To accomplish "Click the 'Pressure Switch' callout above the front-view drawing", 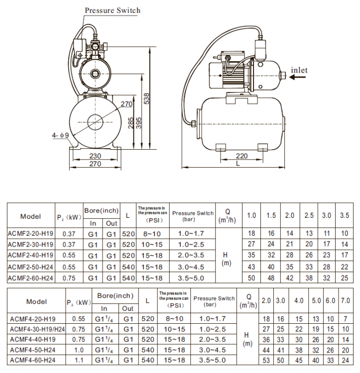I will (112, 10).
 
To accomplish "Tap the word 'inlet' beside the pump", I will (299, 70).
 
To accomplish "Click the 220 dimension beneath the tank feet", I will (242, 155).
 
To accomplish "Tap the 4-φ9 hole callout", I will (59, 135).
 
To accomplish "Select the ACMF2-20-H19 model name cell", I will (30, 233).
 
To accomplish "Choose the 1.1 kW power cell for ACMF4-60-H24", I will (78, 360).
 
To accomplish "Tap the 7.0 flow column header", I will (345, 300).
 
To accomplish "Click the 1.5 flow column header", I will (271, 215).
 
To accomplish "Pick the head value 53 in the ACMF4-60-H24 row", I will (266, 360).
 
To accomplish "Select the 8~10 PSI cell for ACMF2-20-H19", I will (152, 233).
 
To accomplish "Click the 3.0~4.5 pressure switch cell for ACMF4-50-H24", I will (214, 350).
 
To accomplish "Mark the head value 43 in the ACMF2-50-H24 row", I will (251, 267).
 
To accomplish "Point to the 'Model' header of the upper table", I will (30, 216).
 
